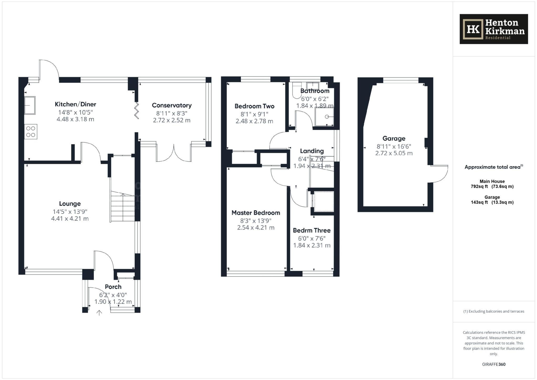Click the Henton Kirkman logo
[x=494, y=29]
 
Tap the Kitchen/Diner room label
[x=76, y=104]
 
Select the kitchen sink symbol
[x=30, y=105]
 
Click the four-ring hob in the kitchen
[x=31, y=132]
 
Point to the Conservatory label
[x=172, y=105]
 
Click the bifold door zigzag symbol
[x=137, y=110]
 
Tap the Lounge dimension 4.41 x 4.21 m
[x=70, y=219]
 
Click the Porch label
[x=113, y=287]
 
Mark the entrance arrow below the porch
[x=99, y=313]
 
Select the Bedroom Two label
[x=254, y=106]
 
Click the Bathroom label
[x=315, y=91]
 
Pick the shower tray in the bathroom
[x=324, y=117]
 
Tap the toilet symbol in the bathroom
[x=297, y=90]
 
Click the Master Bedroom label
[x=256, y=213]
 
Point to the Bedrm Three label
[x=312, y=231]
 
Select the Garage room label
[x=394, y=138]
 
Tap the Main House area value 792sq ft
[x=479, y=187]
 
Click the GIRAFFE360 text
[x=494, y=364]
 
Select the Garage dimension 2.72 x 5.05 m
[x=394, y=153]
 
